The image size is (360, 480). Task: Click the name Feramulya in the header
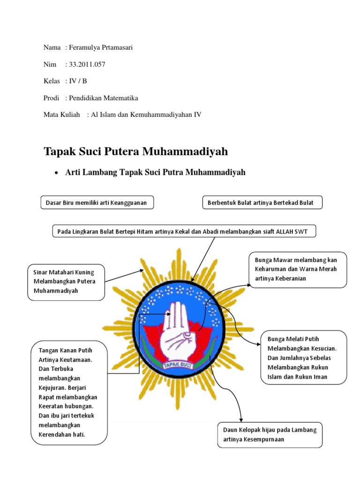pos(86,47)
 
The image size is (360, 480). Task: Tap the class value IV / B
pos(78,81)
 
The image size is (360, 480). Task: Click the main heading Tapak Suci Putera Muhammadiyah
pos(135,151)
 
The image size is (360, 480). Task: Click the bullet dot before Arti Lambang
pos(56,173)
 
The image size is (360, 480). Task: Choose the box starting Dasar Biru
pos(97,202)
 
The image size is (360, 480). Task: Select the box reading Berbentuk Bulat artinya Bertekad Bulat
pos(262,202)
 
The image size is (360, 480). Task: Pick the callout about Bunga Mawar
pos(298,269)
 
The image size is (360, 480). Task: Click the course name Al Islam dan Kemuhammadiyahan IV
pos(144,115)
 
